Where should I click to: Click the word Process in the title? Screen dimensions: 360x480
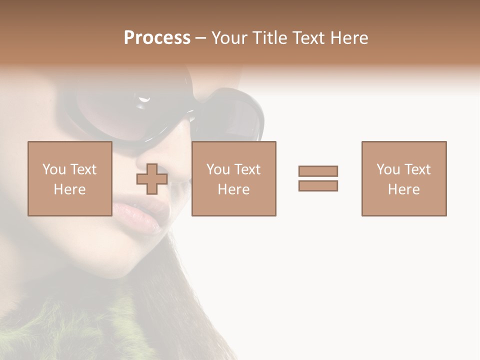tap(157, 38)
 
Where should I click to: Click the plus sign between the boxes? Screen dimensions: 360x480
tap(152, 179)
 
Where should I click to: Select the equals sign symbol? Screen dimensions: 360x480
tap(318, 178)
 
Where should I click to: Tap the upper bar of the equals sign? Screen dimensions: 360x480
tap(318, 171)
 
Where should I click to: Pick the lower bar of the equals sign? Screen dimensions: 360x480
tap(318, 185)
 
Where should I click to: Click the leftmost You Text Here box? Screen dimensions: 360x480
tap(70, 178)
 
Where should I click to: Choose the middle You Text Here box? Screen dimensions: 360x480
tap(234, 178)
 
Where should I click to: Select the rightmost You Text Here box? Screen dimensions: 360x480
tap(404, 178)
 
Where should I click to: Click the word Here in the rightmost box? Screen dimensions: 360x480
tap(404, 189)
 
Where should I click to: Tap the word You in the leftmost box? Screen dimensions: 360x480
tap(54, 169)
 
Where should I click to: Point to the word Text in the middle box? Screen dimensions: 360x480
tap(247, 169)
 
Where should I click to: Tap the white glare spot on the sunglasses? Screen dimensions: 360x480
tap(144, 100)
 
